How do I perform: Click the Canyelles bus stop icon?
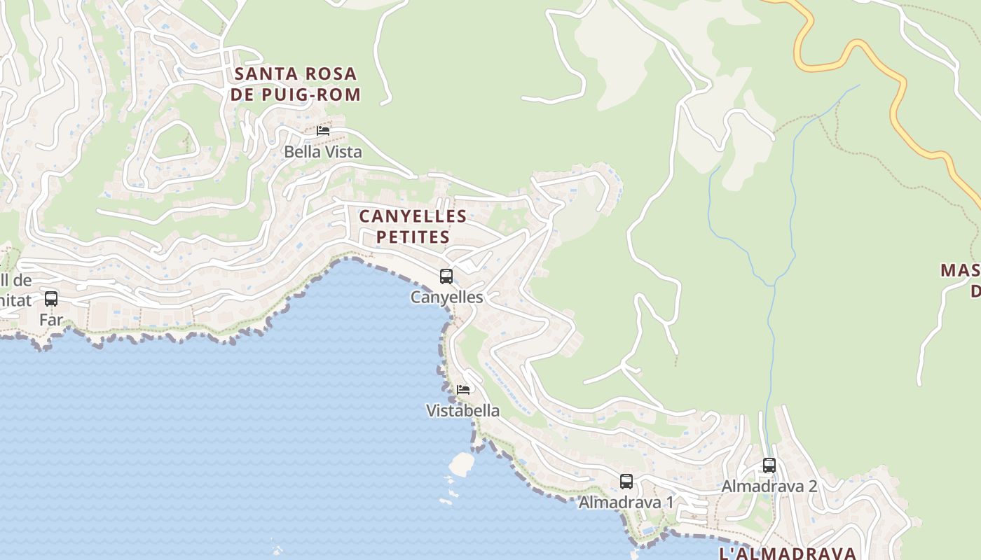click(x=446, y=276)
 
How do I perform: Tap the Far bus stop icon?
click(x=51, y=299)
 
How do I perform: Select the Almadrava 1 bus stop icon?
click(x=626, y=482)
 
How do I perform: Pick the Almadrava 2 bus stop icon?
click(x=769, y=465)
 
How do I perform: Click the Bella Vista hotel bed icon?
click(x=323, y=131)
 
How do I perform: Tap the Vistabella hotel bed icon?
click(x=463, y=390)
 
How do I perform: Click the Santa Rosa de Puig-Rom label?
click(x=296, y=84)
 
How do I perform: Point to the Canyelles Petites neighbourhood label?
click(x=413, y=226)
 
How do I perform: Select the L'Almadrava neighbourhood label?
click(x=788, y=553)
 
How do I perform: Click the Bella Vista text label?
click(x=323, y=152)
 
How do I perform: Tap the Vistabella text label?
click(x=463, y=411)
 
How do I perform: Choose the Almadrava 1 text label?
click(x=626, y=503)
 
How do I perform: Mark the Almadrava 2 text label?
click(x=769, y=486)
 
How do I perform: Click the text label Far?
click(x=51, y=321)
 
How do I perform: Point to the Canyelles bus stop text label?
click(x=446, y=297)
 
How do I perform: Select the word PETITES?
click(x=413, y=237)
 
